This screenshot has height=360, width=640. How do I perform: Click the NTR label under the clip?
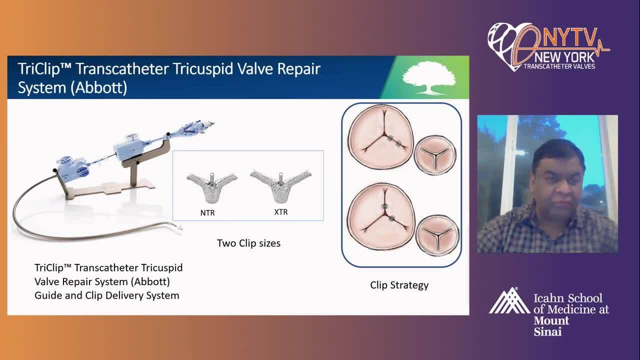tap(207, 213)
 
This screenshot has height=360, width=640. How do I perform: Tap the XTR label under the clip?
tap(281, 212)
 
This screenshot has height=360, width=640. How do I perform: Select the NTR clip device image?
tap(212, 187)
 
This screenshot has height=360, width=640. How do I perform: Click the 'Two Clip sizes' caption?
tap(248, 243)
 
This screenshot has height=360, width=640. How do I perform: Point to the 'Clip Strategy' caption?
tap(399, 285)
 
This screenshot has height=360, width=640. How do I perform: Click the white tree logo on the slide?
tap(429, 77)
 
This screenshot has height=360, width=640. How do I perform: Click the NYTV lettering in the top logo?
tap(569, 37)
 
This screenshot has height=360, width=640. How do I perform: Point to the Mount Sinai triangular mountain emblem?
tap(509, 301)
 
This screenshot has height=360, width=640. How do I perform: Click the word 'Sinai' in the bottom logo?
tap(547, 331)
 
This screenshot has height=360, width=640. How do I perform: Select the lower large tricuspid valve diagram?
tap(381, 216)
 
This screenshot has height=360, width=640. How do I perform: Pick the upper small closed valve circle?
tap(435, 155)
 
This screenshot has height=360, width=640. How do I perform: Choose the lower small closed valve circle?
tap(437, 235)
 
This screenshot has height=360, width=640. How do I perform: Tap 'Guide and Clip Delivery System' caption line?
tap(107, 295)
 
